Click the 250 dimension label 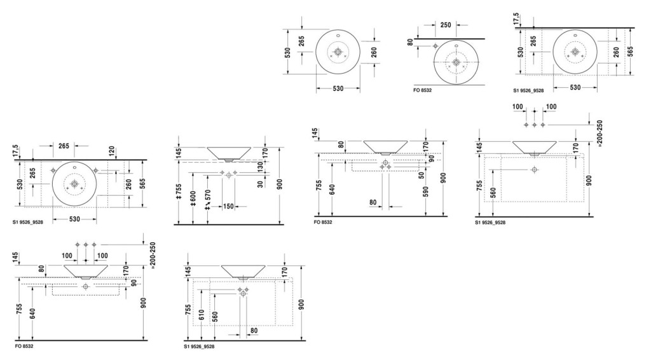tap(446, 25)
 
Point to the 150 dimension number tap(228, 206)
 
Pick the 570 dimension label tap(207, 199)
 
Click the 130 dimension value tap(260, 167)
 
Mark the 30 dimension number tap(260, 184)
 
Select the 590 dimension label tap(425, 191)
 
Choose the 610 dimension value tap(202, 315)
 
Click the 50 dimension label tap(422, 175)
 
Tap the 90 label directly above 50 tap(432, 158)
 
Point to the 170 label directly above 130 tap(265, 153)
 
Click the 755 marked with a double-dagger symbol tap(179, 191)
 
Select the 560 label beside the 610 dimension tap(215, 317)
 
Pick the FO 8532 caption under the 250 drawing tap(422, 90)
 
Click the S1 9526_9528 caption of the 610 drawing tap(199, 346)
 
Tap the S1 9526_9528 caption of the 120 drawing tap(27, 222)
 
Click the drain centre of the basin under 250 tap(456, 62)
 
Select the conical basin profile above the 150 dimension tap(229, 153)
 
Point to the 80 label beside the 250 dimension tap(410, 42)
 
